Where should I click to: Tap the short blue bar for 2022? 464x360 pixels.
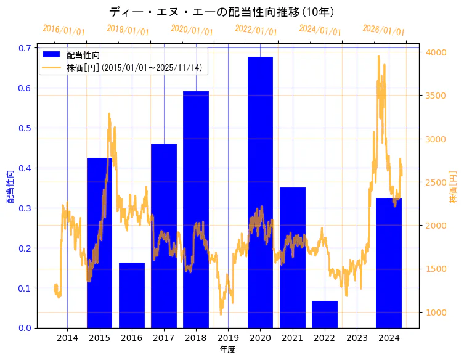point(324,314)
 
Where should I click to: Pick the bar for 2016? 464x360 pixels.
point(132,295)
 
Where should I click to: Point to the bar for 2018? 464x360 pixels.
point(196,210)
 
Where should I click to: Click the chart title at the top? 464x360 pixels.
point(222,12)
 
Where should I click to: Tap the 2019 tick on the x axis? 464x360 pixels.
point(228,338)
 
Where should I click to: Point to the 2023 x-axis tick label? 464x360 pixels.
point(357,338)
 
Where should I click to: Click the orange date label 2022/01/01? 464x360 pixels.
point(256,30)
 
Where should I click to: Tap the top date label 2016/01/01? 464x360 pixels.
point(63,30)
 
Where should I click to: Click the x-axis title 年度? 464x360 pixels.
point(228,350)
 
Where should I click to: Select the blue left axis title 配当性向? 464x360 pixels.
point(10,187)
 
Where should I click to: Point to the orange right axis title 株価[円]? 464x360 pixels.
point(453,187)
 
